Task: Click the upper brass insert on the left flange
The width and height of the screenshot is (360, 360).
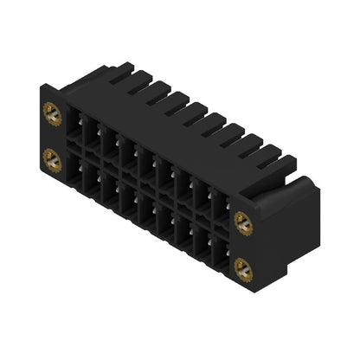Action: [x=48, y=112]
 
